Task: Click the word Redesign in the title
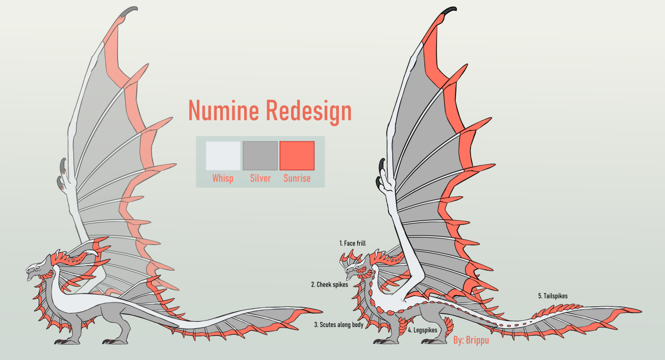tap(309, 111)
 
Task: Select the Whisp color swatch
tap(223, 155)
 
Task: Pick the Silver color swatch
tap(260, 155)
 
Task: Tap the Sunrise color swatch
tap(297, 155)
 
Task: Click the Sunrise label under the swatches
tap(297, 179)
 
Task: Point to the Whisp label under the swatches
tap(223, 179)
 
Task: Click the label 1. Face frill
tap(352, 244)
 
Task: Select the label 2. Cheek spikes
tap(329, 284)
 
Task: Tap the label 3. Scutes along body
tap(338, 324)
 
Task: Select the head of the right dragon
tap(355, 269)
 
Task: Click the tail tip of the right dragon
tap(638, 310)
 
